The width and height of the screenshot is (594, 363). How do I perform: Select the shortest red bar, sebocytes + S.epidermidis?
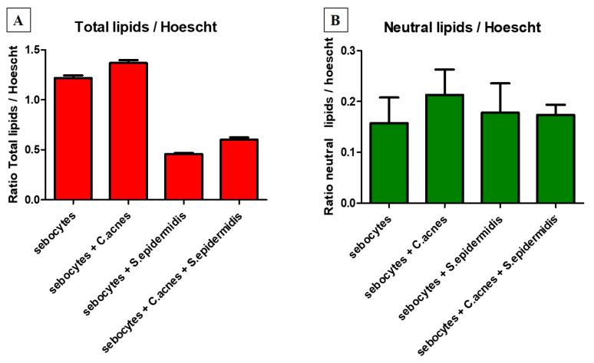tap(183, 177)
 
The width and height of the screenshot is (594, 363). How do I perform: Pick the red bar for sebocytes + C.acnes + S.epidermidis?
tap(239, 169)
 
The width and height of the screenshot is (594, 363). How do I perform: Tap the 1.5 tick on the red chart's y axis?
tap(32, 50)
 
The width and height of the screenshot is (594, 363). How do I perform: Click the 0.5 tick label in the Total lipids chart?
tap(32, 149)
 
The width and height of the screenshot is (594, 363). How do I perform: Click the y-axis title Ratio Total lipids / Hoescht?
tap(13, 124)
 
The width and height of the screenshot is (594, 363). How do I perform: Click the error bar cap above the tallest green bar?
tap(444, 70)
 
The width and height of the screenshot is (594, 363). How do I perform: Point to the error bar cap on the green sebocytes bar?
tap(388, 97)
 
